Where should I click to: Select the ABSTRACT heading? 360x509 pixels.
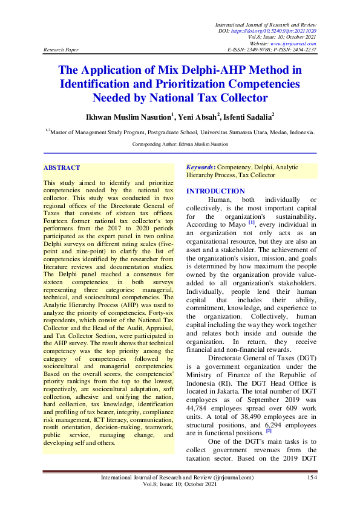(x=62, y=167)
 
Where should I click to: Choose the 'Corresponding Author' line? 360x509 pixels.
(x=180, y=144)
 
